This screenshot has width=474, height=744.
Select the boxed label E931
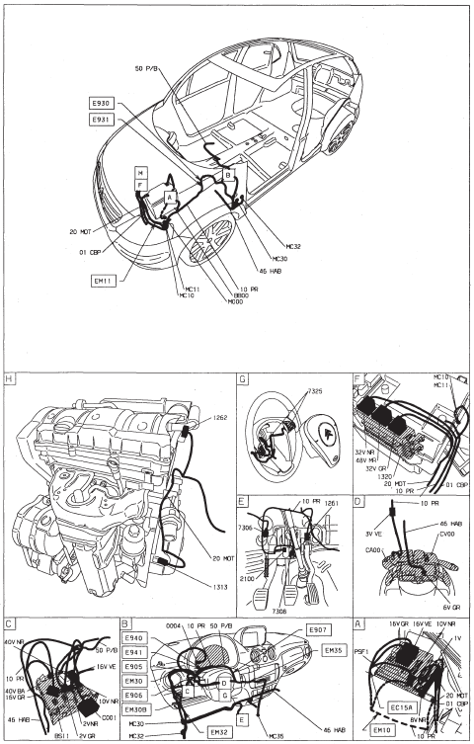tap(101, 119)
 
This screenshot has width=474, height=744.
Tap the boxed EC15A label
tap(406, 708)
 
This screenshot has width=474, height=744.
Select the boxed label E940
tap(134, 638)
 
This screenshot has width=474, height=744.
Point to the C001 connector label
tap(109, 716)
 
